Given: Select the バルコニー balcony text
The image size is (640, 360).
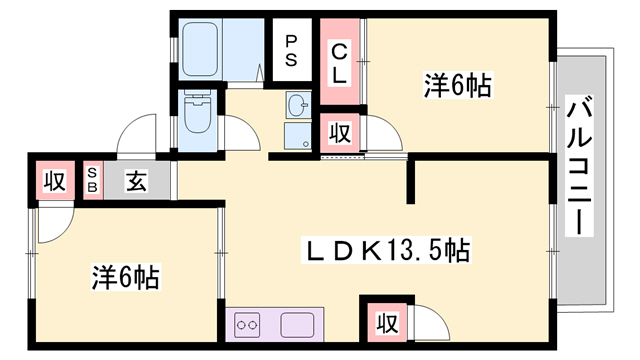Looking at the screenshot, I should (x=579, y=165).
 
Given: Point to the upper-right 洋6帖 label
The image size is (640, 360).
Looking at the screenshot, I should (x=457, y=86).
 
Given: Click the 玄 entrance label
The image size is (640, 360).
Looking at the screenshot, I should (x=137, y=182).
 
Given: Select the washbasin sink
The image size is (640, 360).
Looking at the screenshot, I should (x=297, y=104).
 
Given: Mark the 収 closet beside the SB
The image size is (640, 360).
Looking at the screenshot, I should (x=54, y=182).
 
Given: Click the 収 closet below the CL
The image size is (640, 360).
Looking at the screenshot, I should (x=339, y=131).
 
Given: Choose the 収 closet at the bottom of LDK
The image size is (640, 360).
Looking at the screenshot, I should (x=385, y=324).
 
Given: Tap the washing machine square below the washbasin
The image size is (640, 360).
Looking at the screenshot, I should (x=298, y=137).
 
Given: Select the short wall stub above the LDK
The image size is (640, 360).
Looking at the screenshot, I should (x=410, y=179).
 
